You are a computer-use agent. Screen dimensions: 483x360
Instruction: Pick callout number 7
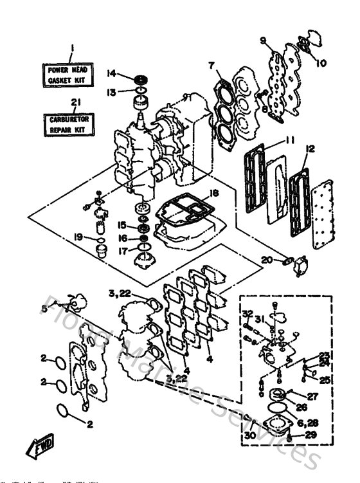[x=211, y=65]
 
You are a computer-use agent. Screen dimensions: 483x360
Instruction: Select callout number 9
[x=264, y=41]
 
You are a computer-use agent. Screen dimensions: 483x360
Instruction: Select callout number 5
[x=44, y=309]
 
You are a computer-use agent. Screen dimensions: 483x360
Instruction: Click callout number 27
[x=312, y=396]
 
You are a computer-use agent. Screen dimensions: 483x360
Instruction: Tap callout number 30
[x=250, y=435]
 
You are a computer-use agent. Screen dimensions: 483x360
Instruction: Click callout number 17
[x=122, y=251]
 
